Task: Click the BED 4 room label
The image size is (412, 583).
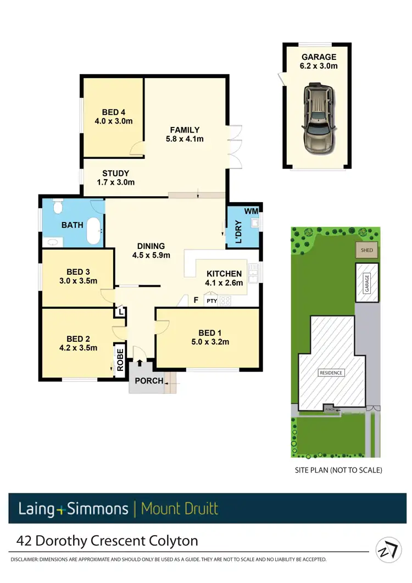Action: point(114,117)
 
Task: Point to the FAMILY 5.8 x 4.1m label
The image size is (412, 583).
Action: point(185,134)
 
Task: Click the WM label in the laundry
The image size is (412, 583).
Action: point(250,210)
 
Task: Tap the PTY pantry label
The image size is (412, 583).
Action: point(211,301)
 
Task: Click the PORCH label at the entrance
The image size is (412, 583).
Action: point(149,381)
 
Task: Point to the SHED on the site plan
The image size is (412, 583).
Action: point(366,251)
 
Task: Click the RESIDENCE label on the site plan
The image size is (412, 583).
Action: point(331,373)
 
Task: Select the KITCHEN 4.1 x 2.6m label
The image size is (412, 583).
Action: point(224,278)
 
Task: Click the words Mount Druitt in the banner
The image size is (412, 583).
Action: point(180,509)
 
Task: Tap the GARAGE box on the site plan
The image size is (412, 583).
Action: point(366,282)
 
